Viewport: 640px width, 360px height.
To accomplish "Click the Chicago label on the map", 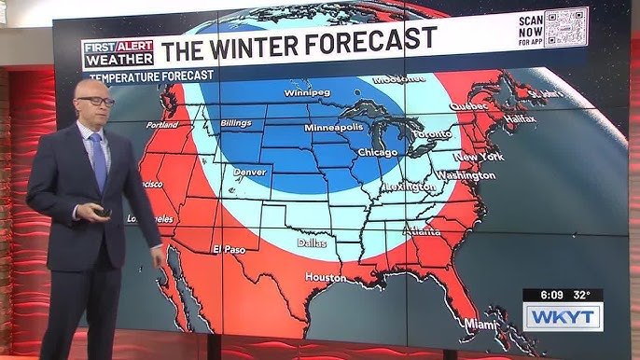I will tap(377, 151).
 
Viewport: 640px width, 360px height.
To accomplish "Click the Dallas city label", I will tap(312, 242).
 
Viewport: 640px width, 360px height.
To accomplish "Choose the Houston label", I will tap(325, 277).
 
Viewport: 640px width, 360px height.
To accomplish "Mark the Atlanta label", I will tap(424, 233).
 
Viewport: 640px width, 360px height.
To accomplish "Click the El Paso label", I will tap(229, 249).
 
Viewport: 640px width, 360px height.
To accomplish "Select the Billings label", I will tap(236, 123).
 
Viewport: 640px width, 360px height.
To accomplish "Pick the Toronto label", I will tap(431, 134).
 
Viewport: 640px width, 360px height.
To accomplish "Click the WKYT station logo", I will tap(562, 317).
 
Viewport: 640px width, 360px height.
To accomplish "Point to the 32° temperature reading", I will tap(583, 295).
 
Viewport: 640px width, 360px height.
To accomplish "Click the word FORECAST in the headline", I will tap(364, 39).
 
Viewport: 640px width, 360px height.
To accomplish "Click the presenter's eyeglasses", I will tap(95, 100).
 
